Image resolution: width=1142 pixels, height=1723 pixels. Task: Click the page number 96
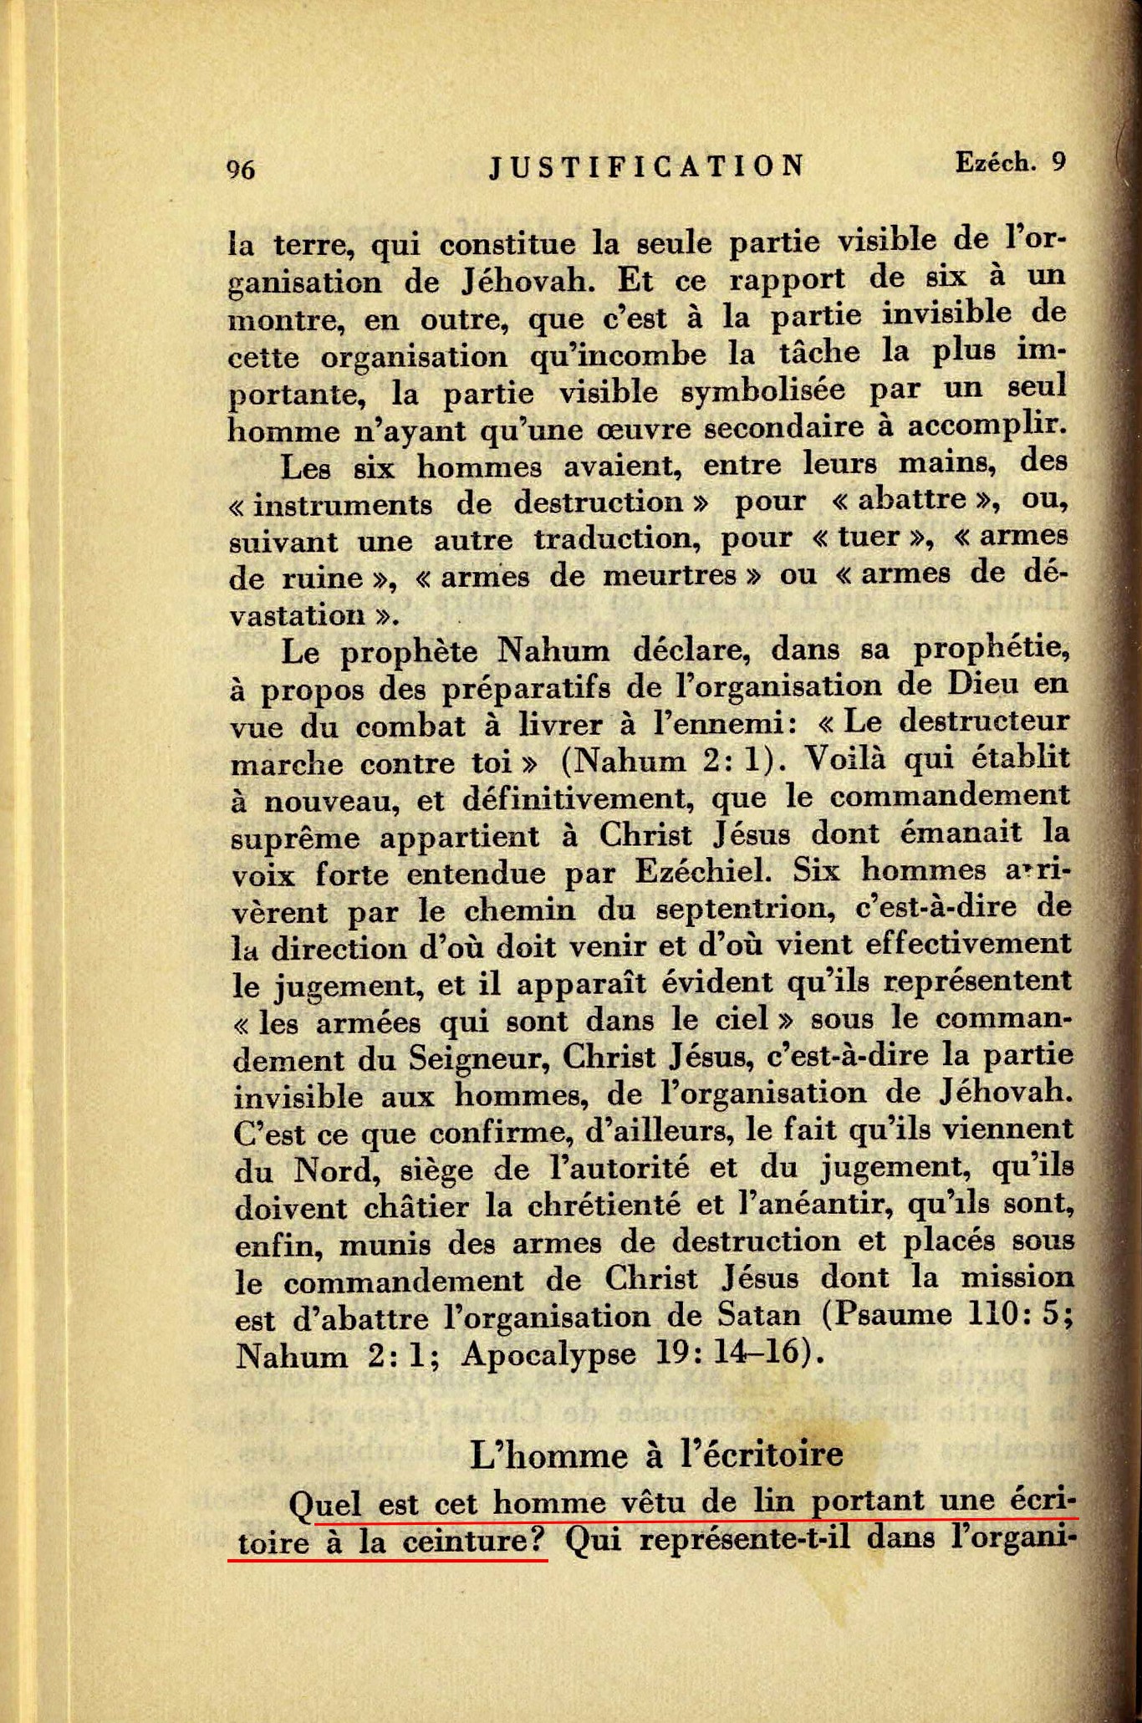pos(241,170)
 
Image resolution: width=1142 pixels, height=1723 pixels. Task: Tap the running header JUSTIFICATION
pos(646,166)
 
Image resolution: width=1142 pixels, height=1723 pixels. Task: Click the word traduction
pos(617,538)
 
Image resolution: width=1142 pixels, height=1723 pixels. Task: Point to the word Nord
pos(331,1170)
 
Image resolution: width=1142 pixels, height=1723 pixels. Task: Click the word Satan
pos(759,1317)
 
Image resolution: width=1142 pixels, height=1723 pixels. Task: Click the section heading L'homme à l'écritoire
pos(656,1455)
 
